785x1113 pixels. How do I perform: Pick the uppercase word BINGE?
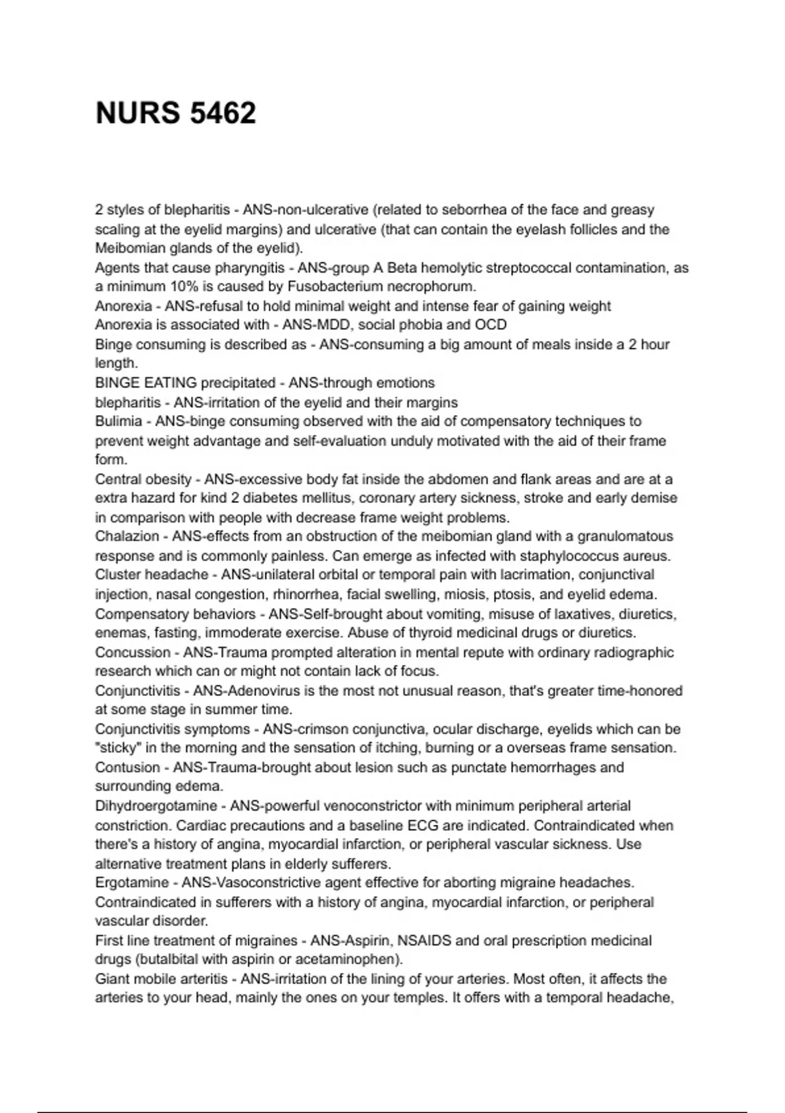pos(115,382)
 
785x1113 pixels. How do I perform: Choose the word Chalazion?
pos(127,536)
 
